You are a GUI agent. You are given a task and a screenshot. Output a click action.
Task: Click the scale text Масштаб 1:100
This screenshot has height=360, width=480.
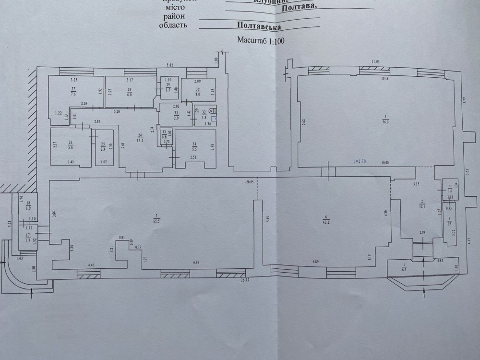261,40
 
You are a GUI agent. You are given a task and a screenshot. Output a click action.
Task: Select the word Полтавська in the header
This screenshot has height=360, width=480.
260,27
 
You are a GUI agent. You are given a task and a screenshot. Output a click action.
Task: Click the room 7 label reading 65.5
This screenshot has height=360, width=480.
155,221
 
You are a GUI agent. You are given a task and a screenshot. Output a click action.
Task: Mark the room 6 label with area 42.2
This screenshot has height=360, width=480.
326,221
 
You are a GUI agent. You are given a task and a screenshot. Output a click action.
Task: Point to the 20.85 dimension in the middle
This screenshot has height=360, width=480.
249,181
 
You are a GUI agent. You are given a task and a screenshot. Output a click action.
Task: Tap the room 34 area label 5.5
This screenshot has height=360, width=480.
194,149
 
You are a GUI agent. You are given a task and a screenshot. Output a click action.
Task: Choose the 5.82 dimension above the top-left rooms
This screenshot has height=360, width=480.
169,65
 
